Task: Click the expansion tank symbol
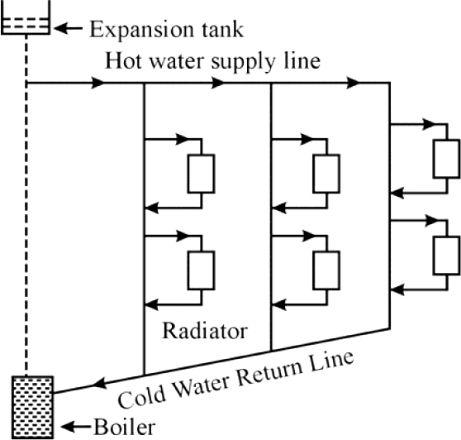[x=26, y=17]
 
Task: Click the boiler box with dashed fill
[x=33, y=408]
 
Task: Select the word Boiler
[x=125, y=427]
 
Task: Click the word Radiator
[x=205, y=331]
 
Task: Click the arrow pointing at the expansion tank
[x=69, y=28]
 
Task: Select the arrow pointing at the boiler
[x=76, y=427]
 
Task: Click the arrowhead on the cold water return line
[x=99, y=384]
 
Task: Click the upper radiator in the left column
[x=202, y=174]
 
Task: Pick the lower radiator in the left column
[x=202, y=270]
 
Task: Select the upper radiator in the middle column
[x=326, y=174]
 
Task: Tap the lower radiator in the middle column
[x=326, y=270]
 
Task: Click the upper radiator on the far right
[x=447, y=160]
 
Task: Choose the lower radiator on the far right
[x=447, y=256]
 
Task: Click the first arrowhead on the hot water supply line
[x=97, y=83]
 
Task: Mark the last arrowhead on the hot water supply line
[x=353, y=83]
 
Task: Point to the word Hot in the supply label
[x=122, y=61]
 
